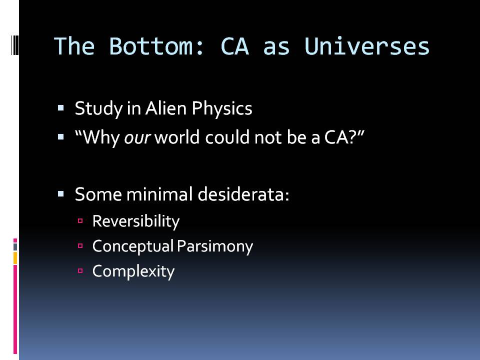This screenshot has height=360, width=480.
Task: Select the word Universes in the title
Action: point(367,46)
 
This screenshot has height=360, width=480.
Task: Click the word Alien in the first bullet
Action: point(166,108)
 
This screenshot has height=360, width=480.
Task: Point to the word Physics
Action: point(222,109)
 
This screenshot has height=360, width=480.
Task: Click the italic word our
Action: point(137,137)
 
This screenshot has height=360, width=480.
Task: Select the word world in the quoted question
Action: point(177,137)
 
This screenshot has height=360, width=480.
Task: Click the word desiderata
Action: point(243,194)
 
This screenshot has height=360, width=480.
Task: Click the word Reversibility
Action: point(136,221)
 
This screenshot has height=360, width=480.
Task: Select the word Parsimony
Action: point(215,246)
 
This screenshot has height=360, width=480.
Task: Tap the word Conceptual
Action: point(133,246)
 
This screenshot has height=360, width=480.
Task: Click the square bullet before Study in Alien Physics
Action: point(60,108)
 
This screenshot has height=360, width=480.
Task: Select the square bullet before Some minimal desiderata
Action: point(60,194)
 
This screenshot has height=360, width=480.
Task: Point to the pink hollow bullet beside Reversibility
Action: point(80,220)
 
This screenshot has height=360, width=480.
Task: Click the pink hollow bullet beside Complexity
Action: point(80,270)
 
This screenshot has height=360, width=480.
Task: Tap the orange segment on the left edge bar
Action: point(15,258)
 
